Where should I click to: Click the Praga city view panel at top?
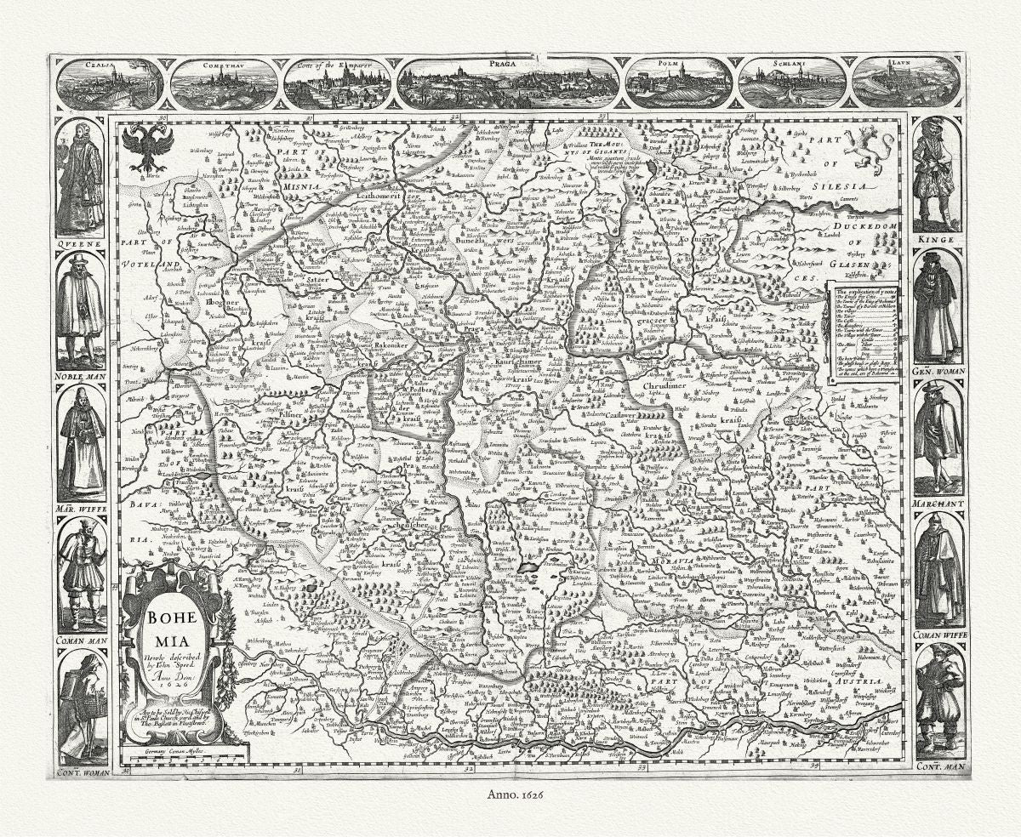point(508,83)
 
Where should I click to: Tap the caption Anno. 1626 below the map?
point(510,792)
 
